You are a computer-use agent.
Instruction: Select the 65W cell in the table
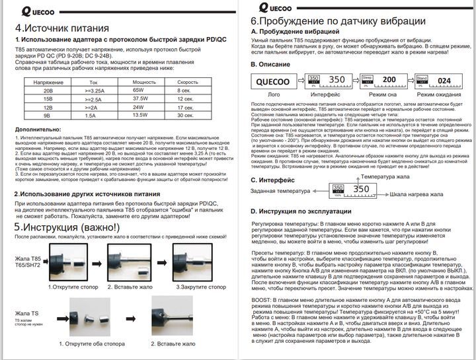click(138, 90)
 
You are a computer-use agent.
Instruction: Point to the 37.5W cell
click(139, 98)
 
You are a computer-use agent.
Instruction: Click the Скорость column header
click(187, 82)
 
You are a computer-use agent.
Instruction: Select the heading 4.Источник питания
click(62, 28)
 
